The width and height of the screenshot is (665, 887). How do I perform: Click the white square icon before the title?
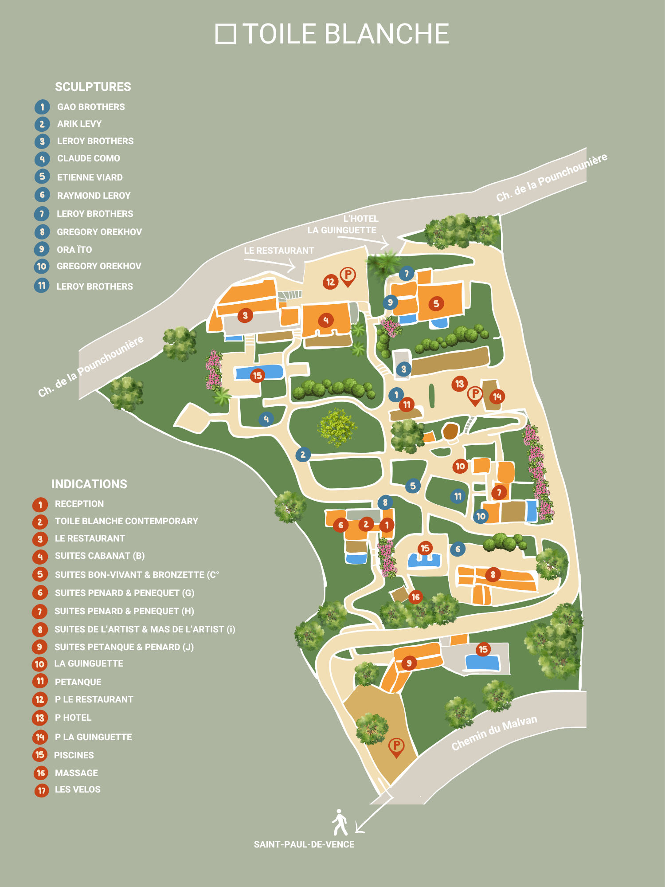click(225, 34)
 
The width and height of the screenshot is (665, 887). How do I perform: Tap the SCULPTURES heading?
click(93, 87)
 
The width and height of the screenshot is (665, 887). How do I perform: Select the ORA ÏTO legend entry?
click(74, 250)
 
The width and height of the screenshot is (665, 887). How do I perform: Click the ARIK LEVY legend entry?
click(79, 124)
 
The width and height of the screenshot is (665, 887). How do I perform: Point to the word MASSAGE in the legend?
click(76, 773)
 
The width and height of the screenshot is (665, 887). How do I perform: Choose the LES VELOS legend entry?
click(78, 789)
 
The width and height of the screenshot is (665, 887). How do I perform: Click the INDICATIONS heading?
click(89, 484)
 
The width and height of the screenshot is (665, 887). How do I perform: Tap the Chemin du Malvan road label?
click(494, 733)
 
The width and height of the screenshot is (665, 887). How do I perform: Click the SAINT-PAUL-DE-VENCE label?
click(304, 844)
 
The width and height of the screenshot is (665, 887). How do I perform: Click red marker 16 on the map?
click(415, 597)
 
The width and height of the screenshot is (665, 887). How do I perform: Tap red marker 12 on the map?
click(330, 282)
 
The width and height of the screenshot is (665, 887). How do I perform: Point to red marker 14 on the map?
click(497, 396)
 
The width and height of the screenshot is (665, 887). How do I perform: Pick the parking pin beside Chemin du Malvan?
click(396, 747)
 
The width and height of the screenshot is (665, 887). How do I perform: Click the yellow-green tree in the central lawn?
click(336, 427)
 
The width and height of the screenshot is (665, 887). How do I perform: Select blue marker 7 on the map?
click(406, 274)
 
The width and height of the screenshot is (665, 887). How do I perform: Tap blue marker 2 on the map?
click(303, 455)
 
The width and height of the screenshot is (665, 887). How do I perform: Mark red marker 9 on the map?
click(409, 663)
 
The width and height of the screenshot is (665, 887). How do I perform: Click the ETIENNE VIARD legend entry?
click(90, 177)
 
